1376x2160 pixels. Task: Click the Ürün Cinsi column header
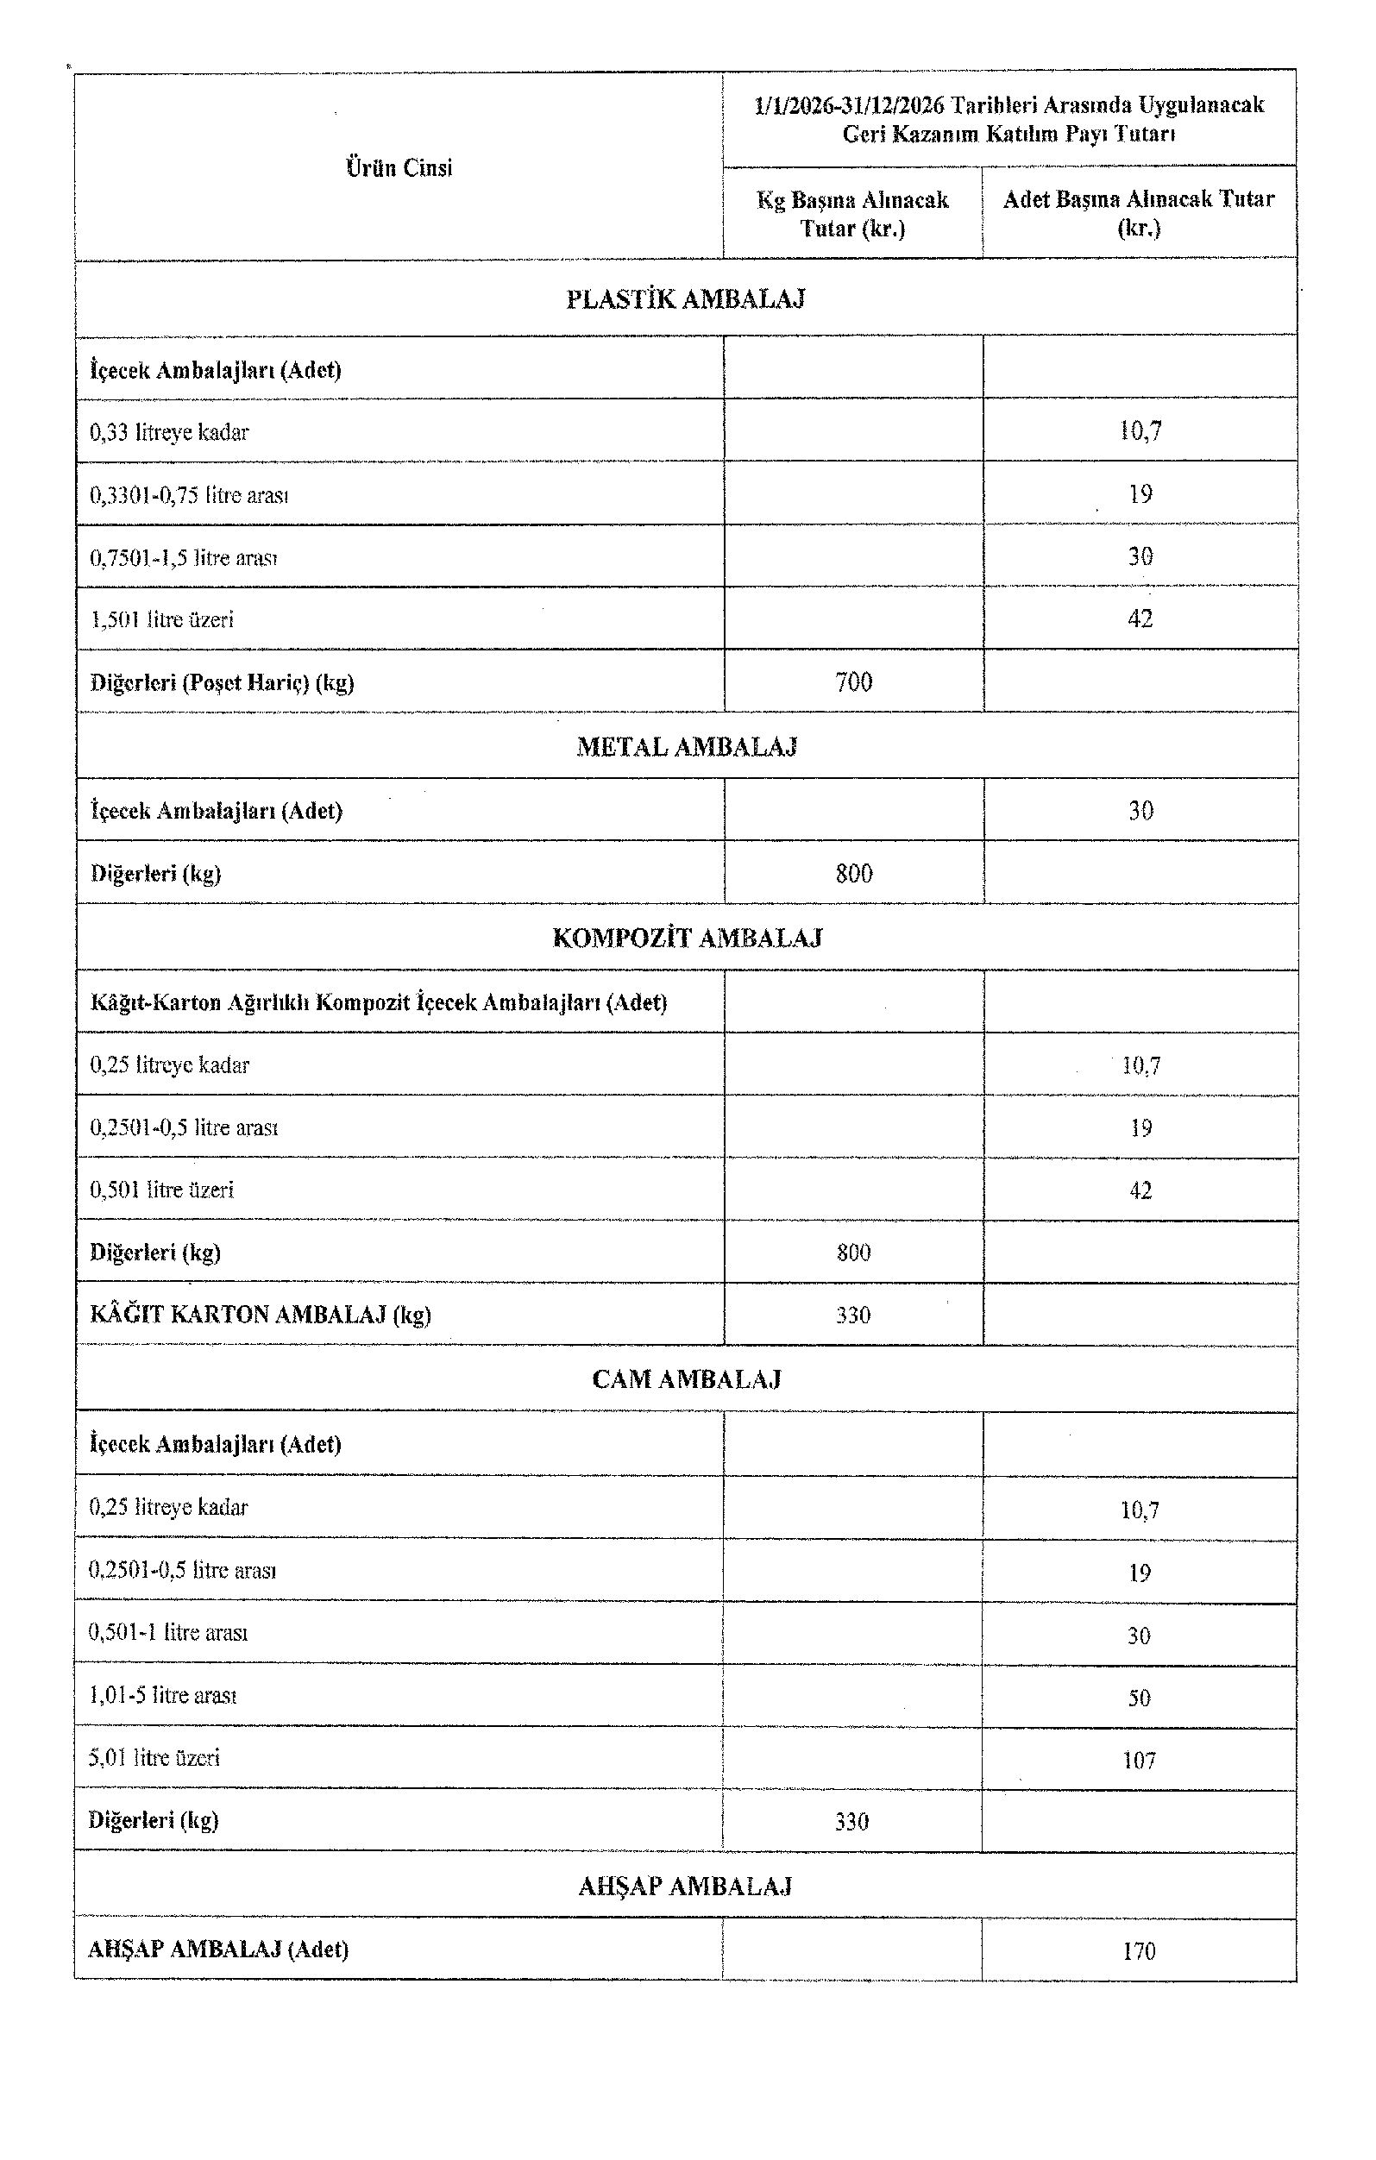point(399,167)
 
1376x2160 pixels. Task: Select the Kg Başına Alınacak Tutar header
point(852,213)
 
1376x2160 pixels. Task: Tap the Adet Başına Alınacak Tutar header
point(1138,212)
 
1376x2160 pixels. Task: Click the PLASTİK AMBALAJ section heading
point(685,299)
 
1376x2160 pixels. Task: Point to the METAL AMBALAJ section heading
point(686,746)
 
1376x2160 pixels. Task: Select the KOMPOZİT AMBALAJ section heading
point(686,939)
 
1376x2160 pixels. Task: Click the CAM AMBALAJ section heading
point(686,1378)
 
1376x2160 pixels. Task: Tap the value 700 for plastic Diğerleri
point(853,682)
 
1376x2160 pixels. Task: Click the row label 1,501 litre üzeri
point(161,620)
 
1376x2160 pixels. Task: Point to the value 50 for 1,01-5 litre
point(1138,1697)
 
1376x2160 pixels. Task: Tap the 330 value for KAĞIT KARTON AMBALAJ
point(853,1315)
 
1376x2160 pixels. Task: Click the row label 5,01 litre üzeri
point(154,1757)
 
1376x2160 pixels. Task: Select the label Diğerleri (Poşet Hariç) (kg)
point(222,682)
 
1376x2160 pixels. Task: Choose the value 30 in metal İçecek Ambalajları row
point(1140,811)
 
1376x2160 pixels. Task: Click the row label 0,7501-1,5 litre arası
point(183,558)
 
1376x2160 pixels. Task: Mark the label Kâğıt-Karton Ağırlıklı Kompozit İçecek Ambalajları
point(378,1002)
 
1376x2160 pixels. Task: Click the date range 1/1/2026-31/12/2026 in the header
point(849,106)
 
